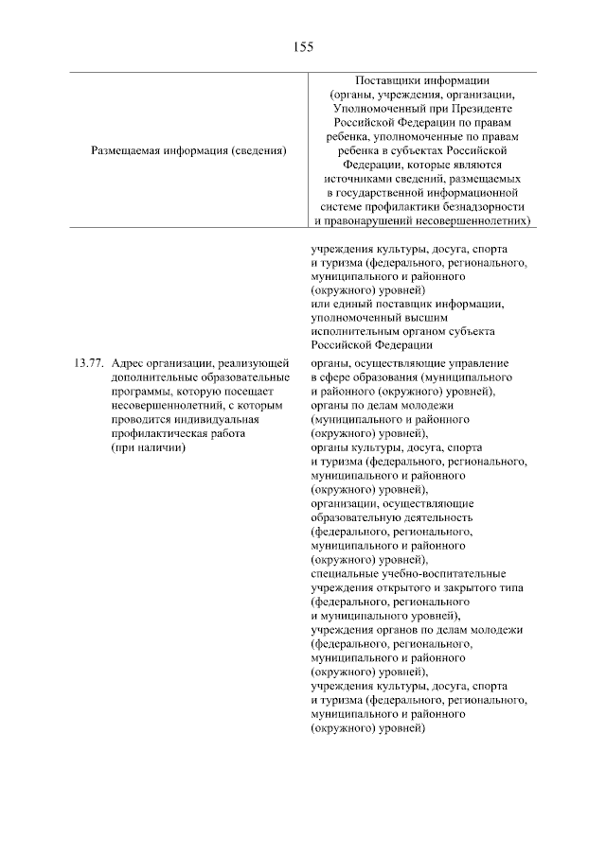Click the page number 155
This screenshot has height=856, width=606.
click(x=303, y=45)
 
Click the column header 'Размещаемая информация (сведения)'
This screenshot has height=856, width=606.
click(x=188, y=149)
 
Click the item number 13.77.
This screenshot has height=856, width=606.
click(x=87, y=363)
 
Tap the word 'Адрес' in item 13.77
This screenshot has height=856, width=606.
click(x=127, y=363)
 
